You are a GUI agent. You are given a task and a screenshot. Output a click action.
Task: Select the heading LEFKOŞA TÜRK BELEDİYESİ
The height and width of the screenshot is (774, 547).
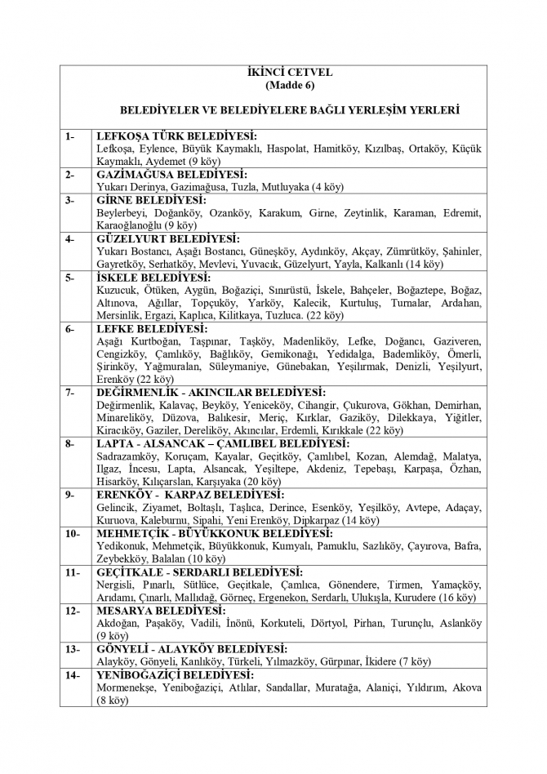coord(176,136)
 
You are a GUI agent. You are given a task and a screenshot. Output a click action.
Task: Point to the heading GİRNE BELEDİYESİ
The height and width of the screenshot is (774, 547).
coord(151,199)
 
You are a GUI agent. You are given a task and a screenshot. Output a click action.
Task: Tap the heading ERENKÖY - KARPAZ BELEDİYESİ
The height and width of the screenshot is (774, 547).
coord(190,495)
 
